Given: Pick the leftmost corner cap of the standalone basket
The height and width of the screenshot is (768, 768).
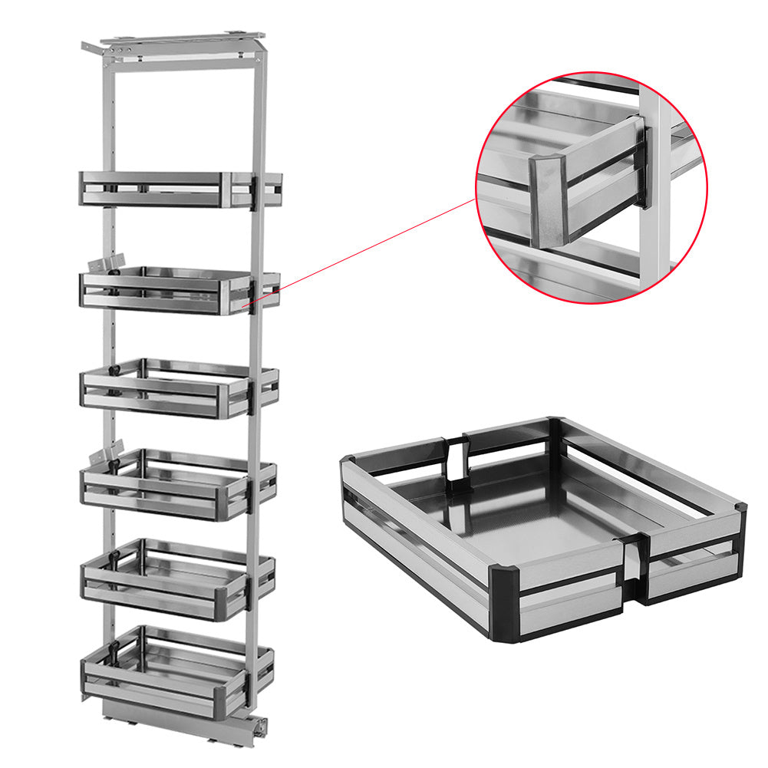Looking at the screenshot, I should coord(347,464).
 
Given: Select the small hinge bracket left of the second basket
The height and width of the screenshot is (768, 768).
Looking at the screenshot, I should coord(104,265).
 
